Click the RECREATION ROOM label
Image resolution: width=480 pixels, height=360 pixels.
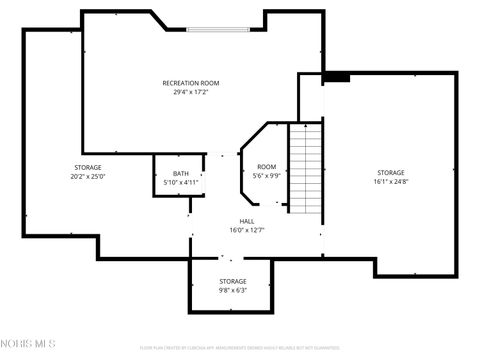[x=191, y=83]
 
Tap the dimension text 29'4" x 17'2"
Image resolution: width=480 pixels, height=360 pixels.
[x=191, y=92]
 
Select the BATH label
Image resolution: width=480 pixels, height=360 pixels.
[x=180, y=174]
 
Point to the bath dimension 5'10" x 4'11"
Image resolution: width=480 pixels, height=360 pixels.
[x=180, y=183]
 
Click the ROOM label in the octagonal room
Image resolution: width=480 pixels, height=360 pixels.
[x=266, y=166]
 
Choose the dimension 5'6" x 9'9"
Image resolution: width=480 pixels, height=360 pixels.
[x=266, y=176]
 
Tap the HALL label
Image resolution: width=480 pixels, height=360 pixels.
[x=246, y=221]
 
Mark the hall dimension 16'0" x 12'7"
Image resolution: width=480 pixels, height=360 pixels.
[x=246, y=230]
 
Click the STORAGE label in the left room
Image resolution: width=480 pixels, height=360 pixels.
[x=87, y=167]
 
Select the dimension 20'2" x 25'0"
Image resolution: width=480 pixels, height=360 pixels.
[x=87, y=177]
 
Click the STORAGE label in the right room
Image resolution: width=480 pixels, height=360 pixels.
[x=391, y=173]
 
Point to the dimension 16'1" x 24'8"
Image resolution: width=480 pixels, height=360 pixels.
[x=391, y=182]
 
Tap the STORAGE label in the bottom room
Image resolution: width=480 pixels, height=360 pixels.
[x=233, y=281]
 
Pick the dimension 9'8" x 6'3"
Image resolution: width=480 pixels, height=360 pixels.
[x=233, y=291]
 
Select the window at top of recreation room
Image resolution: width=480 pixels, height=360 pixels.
[x=216, y=28]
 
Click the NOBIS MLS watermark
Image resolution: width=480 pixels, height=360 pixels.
[x=29, y=344]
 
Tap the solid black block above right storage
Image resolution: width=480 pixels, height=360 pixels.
[x=336, y=76]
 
